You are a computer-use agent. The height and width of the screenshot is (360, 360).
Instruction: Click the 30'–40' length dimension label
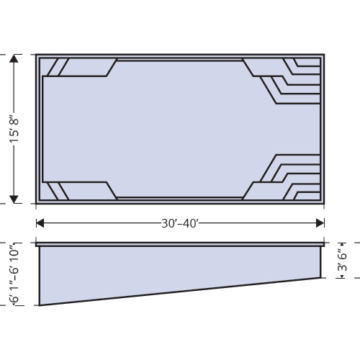(180, 223)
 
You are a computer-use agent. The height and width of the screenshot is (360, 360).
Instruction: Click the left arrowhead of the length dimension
(40, 223)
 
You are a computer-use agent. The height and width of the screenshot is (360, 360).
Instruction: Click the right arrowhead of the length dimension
(320, 223)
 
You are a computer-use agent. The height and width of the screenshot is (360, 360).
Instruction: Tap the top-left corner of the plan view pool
(37, 55)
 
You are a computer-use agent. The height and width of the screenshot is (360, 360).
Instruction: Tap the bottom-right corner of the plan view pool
(325, 204)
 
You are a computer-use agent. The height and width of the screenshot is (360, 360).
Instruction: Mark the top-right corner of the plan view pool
(325, 55)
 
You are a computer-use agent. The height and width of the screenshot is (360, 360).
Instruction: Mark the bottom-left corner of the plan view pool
(37, 204)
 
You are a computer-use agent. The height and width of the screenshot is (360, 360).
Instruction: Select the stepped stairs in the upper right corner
(288, 79)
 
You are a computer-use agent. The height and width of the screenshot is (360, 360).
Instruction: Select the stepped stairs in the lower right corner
(288, 179)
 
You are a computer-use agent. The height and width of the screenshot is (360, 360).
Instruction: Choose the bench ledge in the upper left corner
(72, 67)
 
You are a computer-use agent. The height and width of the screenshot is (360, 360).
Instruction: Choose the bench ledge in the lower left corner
(72, 191)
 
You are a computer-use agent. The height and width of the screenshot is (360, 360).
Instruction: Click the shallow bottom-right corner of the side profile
(320, 277)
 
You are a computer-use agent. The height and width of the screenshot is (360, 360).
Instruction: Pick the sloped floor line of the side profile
(180, 292)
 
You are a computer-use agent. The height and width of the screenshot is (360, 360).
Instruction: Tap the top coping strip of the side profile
(180, 244)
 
